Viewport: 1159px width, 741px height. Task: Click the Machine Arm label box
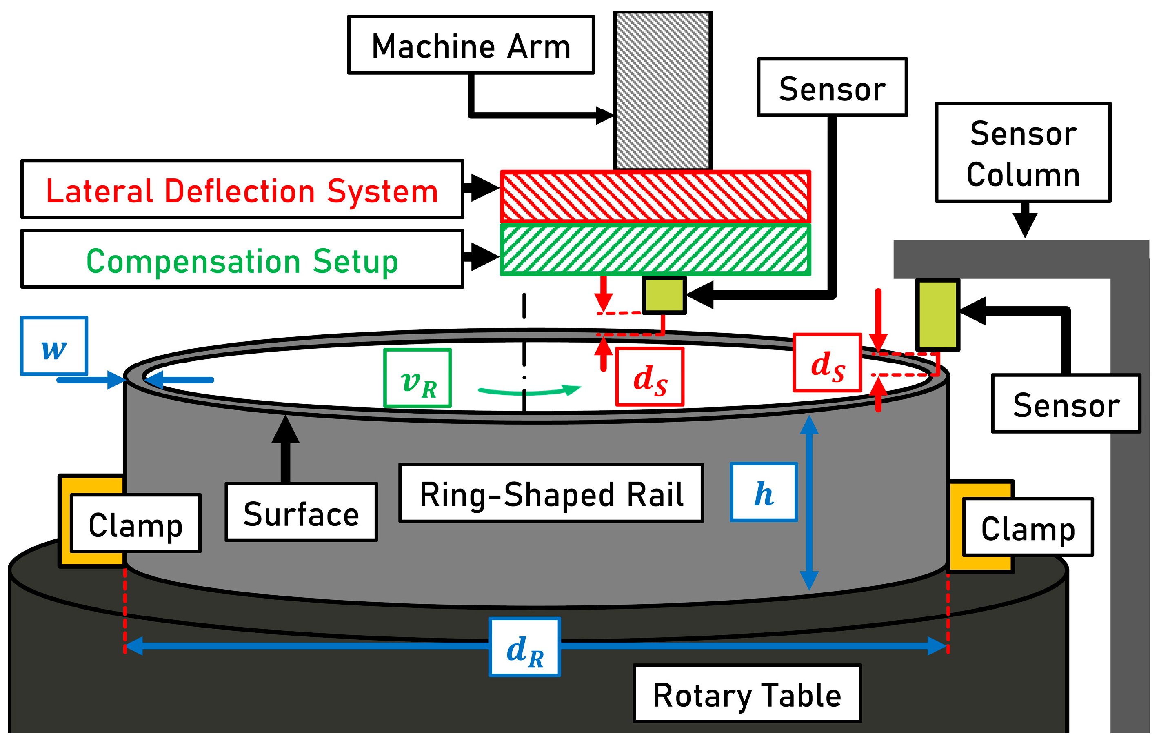(x=471, y=45)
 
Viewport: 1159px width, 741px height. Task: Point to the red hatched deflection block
(x=655, y=196)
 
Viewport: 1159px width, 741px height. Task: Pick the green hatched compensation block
(x=655, y=250)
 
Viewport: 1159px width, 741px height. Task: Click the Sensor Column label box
(x=1022, y=153)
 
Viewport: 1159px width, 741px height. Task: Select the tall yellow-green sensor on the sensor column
(x=937, y=314)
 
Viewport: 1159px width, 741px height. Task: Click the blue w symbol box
(x=54, y=346)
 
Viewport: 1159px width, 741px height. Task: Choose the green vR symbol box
(x=417, y=378)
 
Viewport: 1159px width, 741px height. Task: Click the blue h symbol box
(x=764, y=492)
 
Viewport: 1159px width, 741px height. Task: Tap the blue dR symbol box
(x=525, y=647)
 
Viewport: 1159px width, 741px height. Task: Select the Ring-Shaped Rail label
(x=551, y=493)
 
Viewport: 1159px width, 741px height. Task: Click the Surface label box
(x=301, y=512)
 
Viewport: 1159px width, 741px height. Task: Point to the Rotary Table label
(x=746, y=694)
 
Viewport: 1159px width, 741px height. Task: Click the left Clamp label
(x=136, y=523)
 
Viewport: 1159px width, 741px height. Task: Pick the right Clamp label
(x=1028, y=527)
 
